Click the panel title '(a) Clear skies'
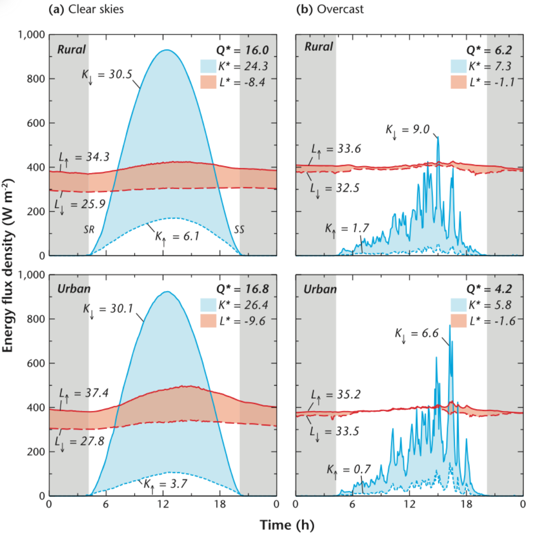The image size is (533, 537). coord(86,9)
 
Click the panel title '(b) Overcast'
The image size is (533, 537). coord(330,9)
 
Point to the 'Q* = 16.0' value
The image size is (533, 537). coord(242,50)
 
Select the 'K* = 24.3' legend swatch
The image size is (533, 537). coord(208,66)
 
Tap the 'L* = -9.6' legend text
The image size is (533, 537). coord(242,321)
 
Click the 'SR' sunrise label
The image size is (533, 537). coord(89,229)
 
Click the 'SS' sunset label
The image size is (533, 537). coord(239,229)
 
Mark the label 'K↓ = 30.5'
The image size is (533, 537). coord(107,75)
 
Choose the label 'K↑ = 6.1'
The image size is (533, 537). coord(177,236)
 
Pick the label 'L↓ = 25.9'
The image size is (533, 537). coord(80,205)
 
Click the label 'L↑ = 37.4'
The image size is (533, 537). coord(84,393)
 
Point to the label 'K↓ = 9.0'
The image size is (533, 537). coord(408,129)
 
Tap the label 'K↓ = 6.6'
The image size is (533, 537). coord(417,334)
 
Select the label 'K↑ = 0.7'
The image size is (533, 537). coord(349,470)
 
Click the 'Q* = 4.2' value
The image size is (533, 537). coord(489,289)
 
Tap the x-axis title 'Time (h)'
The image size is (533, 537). coord(287,525)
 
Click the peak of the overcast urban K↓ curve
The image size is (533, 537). coord(450,325)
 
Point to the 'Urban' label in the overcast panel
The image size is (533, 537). coord(320,289)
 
